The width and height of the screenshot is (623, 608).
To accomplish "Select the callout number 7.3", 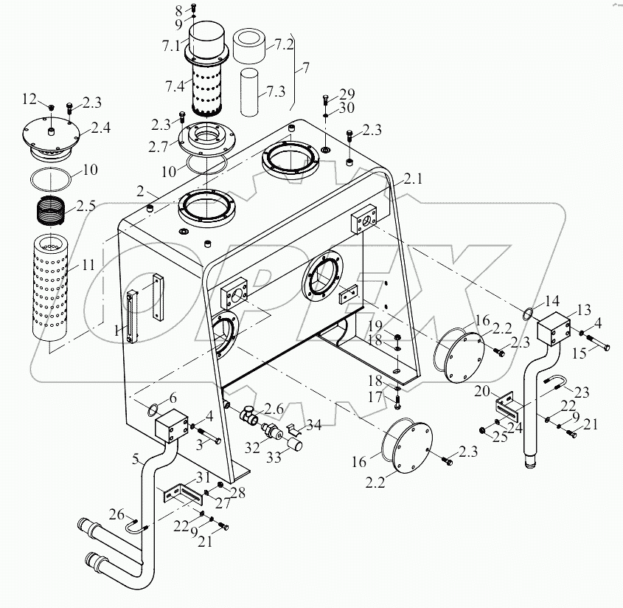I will [276, 91].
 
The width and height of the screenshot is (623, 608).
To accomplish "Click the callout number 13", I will [583, 308].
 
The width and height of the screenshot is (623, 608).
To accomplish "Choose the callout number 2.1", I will [413, 179].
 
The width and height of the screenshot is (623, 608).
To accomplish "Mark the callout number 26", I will [119, 514].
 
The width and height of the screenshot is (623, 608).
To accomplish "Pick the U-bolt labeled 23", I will [557, 384].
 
